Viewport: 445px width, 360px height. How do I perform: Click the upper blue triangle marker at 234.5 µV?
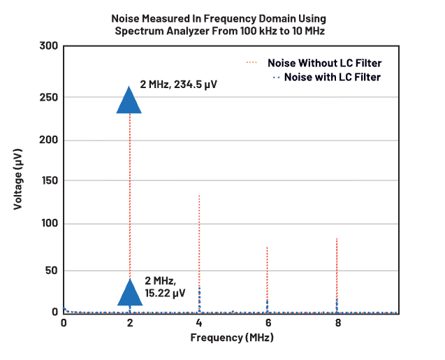pos(129,100)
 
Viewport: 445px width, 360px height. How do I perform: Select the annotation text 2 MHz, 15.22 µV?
pos(165,287)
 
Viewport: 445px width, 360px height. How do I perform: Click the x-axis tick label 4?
pos(199,323)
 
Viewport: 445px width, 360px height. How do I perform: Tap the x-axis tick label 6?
pos(268,323)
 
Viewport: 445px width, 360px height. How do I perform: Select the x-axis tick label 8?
pos(337,323)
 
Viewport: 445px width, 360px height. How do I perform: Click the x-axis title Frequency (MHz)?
pos(232,338)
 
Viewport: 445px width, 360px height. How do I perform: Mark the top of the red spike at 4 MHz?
pos(199,196)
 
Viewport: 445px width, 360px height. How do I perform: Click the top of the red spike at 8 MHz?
pos(337,239)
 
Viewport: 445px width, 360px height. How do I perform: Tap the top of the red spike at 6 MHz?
pos(268,247)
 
